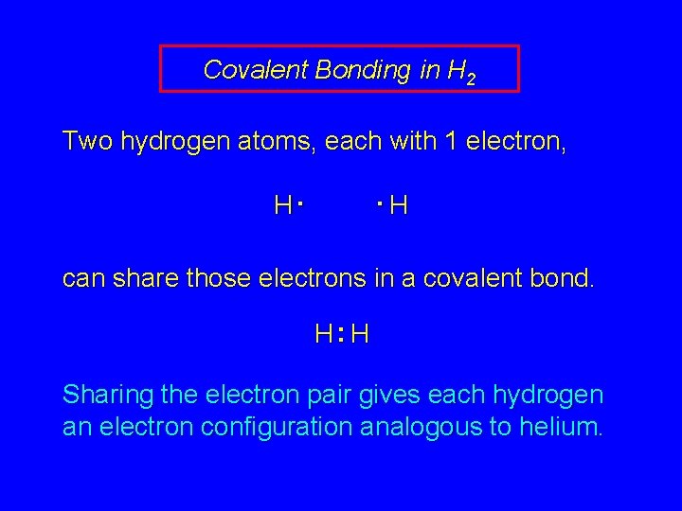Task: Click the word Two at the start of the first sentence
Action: (86, 142)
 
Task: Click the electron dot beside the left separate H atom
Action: (297, 202)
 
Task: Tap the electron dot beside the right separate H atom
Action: (378, 202)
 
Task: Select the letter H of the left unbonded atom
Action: (282, 204)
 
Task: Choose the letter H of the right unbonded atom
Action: (399, 204)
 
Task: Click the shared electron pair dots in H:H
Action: (341, 333)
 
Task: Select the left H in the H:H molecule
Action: (324, 333)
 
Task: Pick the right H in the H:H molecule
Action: (360, 333)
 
